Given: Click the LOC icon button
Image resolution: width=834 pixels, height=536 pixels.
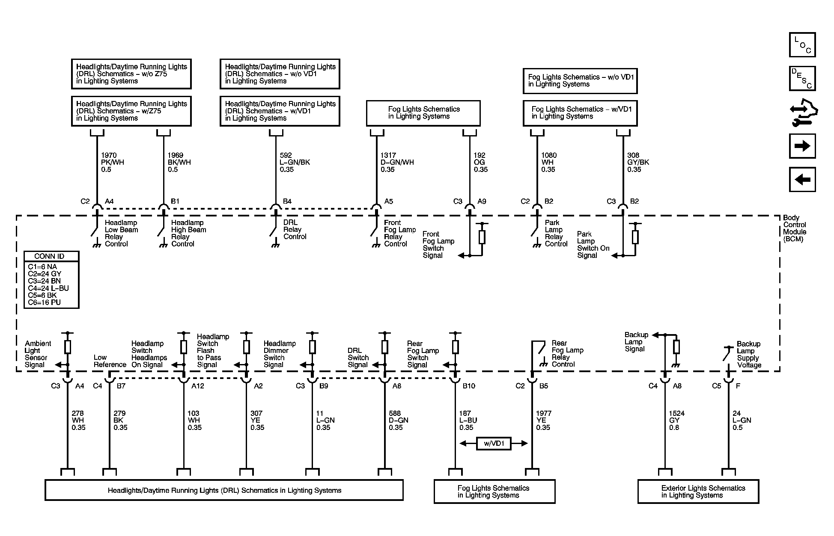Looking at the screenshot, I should [802, 45].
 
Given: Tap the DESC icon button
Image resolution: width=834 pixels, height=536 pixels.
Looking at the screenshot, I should [802, 79].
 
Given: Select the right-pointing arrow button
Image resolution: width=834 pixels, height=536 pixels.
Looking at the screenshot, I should [802, 146].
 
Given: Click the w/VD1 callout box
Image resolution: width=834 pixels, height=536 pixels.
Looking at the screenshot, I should [494, 444].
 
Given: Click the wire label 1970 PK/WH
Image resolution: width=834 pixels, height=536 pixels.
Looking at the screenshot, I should [112, 163].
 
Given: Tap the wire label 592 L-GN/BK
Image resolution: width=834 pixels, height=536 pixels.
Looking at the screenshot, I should [295, 163].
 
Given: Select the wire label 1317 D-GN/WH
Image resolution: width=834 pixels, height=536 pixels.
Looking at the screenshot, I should [397, 163].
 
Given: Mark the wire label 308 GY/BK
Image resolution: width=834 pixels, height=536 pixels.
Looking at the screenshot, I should [638, 163].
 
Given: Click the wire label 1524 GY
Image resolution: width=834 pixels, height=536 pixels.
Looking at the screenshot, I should [676, 420].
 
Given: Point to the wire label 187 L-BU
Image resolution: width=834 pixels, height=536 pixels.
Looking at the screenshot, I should [468, 420].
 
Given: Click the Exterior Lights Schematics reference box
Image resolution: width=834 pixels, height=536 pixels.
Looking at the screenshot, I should [698, 492].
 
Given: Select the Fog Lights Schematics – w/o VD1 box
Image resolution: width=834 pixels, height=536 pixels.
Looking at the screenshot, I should [580, 81].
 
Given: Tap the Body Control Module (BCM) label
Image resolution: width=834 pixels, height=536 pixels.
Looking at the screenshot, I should [794, 228].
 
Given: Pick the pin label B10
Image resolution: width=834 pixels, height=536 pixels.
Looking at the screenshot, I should [469, 386].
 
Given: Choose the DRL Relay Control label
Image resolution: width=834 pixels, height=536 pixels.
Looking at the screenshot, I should [295, 230].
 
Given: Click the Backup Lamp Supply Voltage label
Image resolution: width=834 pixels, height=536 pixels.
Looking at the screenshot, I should [749, 355].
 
